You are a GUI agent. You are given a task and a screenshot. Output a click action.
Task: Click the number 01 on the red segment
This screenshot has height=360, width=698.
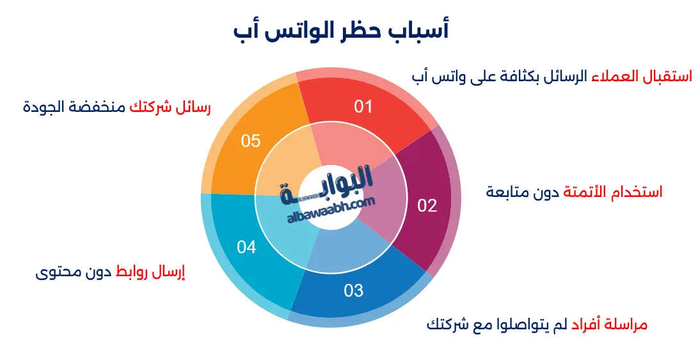(x=363, y=106)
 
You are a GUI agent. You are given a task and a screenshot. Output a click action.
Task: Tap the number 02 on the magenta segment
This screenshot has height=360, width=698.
(x=427, y=206)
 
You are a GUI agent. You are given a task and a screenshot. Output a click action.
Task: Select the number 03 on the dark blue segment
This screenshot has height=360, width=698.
(x=353, y=291)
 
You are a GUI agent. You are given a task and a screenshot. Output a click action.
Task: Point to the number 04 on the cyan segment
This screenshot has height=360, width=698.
(x=246, y=247)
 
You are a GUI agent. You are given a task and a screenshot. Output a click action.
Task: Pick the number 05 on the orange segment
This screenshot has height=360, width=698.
(x=251, y=141)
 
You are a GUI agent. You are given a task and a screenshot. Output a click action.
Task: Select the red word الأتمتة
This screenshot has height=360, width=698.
(x=587, y=192)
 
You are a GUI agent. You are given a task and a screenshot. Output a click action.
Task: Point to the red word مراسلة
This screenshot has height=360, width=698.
(x=624, y=325)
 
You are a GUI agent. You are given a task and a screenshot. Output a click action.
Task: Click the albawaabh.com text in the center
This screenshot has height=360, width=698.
(x=331, y=208)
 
